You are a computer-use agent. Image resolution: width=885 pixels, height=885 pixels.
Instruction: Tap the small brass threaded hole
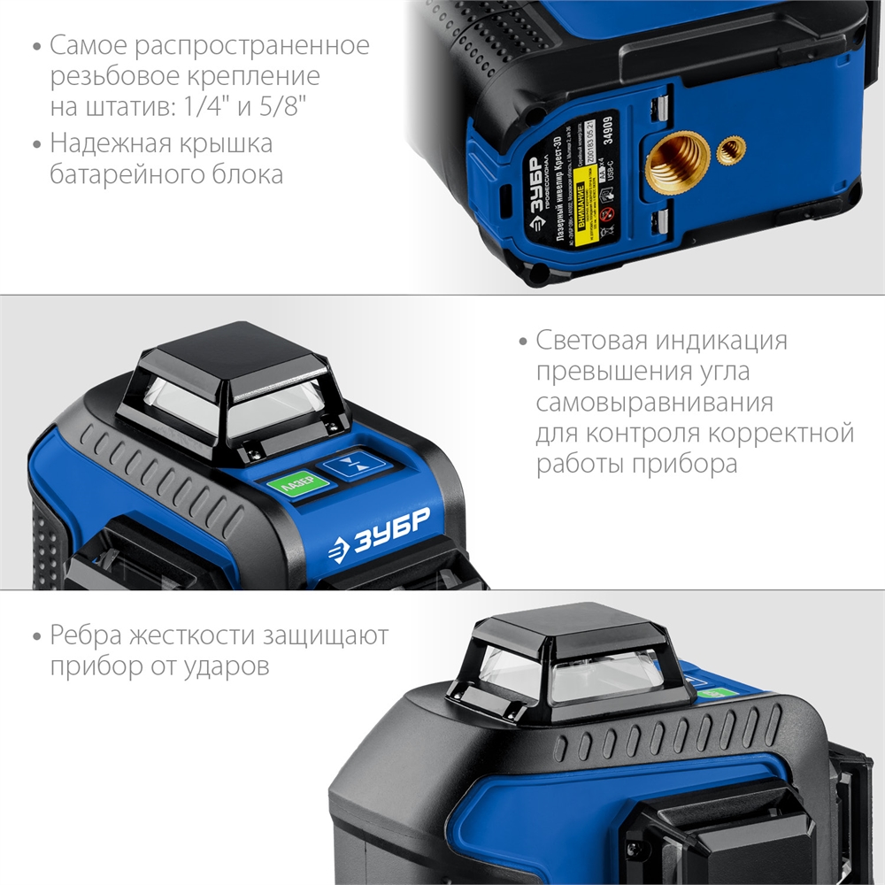(731, 150)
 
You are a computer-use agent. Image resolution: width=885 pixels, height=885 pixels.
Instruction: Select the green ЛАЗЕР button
(296, 484)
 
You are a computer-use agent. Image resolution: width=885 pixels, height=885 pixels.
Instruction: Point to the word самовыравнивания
(654, 403)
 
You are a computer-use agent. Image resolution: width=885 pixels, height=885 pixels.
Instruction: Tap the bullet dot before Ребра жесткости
(35, 636)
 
